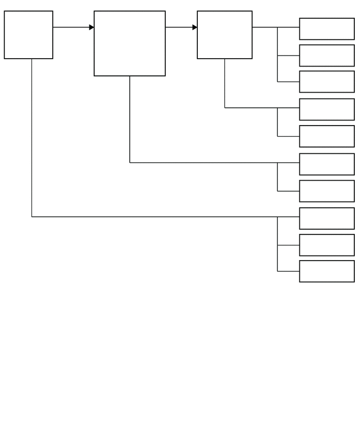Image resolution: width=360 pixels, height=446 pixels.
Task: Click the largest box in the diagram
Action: (x=130, y=43)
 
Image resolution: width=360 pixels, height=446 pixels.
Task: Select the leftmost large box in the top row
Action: (x=28, y=35)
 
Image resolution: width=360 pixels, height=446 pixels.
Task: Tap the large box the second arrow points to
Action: (x=224, y=35)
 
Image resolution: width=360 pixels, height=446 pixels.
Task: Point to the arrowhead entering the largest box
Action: (x=92, y=27)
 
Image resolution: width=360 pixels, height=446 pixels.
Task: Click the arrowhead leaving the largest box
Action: (x=195, y=27)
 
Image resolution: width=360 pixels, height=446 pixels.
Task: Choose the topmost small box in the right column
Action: (x=327, y=29)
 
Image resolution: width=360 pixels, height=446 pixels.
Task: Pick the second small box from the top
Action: (x=327, y=55)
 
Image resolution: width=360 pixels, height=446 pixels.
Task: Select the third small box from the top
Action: (x=327, y=82)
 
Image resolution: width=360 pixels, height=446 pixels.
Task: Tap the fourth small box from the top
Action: (x=327, y=109)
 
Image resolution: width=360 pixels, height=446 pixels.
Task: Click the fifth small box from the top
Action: (x=327, y=136)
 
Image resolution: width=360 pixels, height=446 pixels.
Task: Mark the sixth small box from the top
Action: (x=327, y=164)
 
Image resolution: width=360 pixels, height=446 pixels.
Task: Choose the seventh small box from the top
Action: (x=327, y=191)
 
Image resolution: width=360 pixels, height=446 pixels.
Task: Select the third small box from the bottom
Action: (x=327, y=218)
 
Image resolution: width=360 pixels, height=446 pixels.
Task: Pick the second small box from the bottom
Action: (x=327, y=245)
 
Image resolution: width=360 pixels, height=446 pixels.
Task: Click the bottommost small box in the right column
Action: (x=327, y=271)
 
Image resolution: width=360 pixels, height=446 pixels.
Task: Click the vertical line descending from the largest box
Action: (x=130, y=119)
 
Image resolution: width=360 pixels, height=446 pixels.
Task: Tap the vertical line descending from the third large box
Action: (x=225, y=84)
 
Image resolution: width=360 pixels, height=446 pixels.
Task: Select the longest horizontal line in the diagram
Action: (x=157, y=217)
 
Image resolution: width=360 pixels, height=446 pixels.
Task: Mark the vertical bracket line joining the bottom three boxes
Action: (x=277, y=244)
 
